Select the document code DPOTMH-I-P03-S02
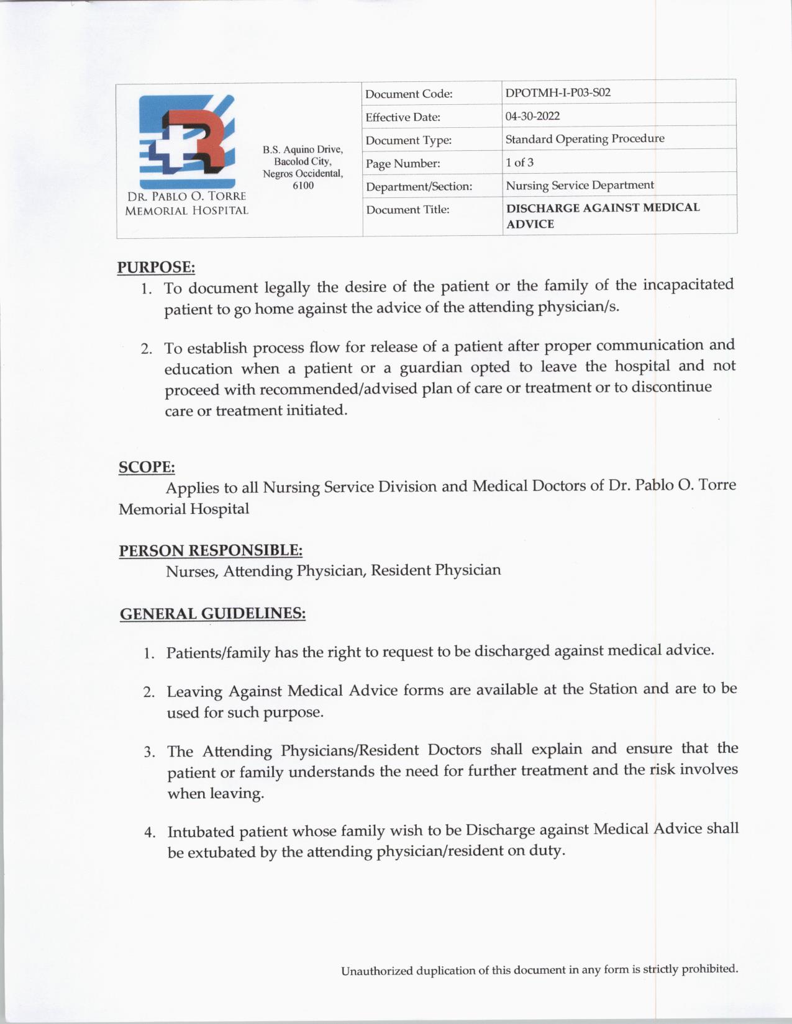[558, 93]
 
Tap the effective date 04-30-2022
[532, 116]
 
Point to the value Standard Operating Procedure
[585, 139]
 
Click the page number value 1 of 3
[519, 163]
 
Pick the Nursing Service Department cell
[580, 186]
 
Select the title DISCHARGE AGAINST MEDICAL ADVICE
[602, 215]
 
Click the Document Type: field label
[408, 140]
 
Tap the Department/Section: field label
[419, 187]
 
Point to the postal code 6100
[303, 186]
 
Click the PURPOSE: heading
[156, 267]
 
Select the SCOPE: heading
[147, 467]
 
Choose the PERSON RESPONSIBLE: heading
[211, 550]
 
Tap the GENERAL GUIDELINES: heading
[212, 614]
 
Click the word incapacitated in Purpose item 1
[688, 285]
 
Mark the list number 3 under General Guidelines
[149, 752]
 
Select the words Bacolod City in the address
[303, 161]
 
